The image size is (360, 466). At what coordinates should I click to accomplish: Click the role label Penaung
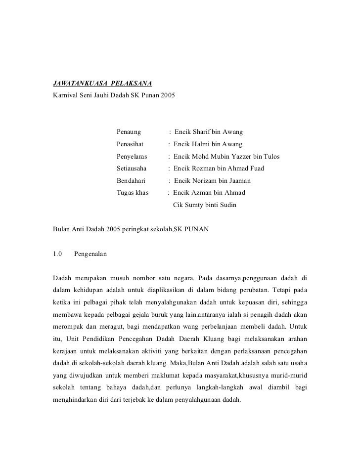[x=129, y=132]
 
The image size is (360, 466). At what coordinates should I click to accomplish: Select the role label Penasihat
[x=130, y=144]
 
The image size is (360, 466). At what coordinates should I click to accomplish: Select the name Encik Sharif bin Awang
[x=208, y=132]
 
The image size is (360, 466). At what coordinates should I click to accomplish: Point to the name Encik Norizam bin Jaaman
[x=212, y=181]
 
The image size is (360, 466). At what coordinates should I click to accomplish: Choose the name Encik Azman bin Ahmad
[x=209, y=193]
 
